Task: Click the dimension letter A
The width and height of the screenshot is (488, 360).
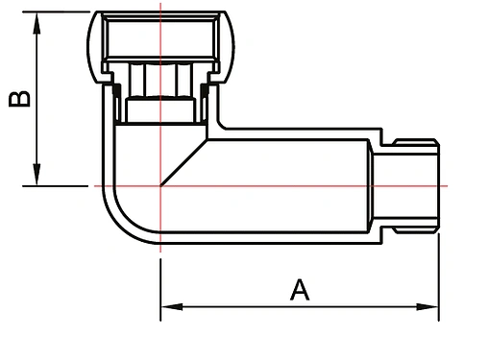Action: click(300, 288)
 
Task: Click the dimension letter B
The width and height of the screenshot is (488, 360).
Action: click(18, 99)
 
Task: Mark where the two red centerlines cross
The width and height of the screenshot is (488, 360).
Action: click(159, 184)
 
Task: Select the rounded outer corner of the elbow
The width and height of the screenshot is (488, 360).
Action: click(114, 223)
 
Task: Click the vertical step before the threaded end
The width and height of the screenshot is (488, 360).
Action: click(372, 184)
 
